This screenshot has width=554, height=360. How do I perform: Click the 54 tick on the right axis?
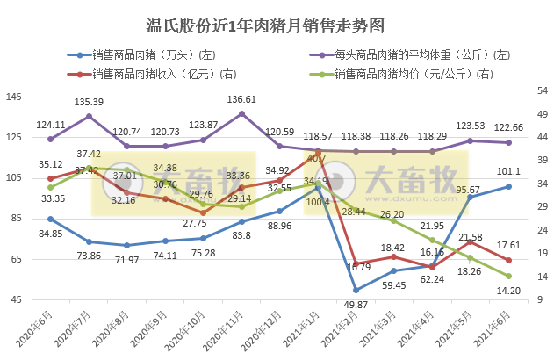[536, 90]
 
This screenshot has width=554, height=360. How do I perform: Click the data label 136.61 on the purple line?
[241, 99]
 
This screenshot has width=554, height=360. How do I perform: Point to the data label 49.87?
[355, 304]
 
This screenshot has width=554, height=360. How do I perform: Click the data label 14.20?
[509, 291]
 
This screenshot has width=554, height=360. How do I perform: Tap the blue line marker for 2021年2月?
[356, 290]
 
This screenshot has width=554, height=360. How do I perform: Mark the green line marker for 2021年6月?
[509, 277]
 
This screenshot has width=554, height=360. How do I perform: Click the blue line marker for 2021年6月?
[509, 186]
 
